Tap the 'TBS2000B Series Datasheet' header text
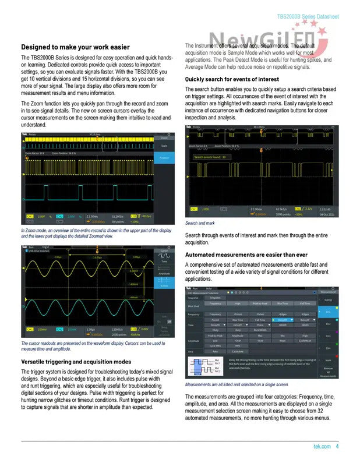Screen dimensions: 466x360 coord(308,17)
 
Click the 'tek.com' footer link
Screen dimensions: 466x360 coord(322,447)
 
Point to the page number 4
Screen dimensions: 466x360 coord(337,447)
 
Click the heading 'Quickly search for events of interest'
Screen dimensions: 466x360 coord(232,79)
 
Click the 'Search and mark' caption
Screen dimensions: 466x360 coord(200,223)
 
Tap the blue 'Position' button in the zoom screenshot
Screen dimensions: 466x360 coord(164,158)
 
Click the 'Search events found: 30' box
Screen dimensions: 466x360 coord(210,157)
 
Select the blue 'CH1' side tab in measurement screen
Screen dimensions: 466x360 coord(328,312)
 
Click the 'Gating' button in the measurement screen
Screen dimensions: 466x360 coord(328,300)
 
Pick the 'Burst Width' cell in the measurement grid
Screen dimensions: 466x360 coord(260,330)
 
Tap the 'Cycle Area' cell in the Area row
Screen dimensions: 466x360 coord(238,351)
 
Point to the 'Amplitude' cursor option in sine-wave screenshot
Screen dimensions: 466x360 coord(164,273)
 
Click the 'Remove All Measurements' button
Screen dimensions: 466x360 coord(328,373)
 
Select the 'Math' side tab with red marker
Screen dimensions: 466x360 coord(328,361)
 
